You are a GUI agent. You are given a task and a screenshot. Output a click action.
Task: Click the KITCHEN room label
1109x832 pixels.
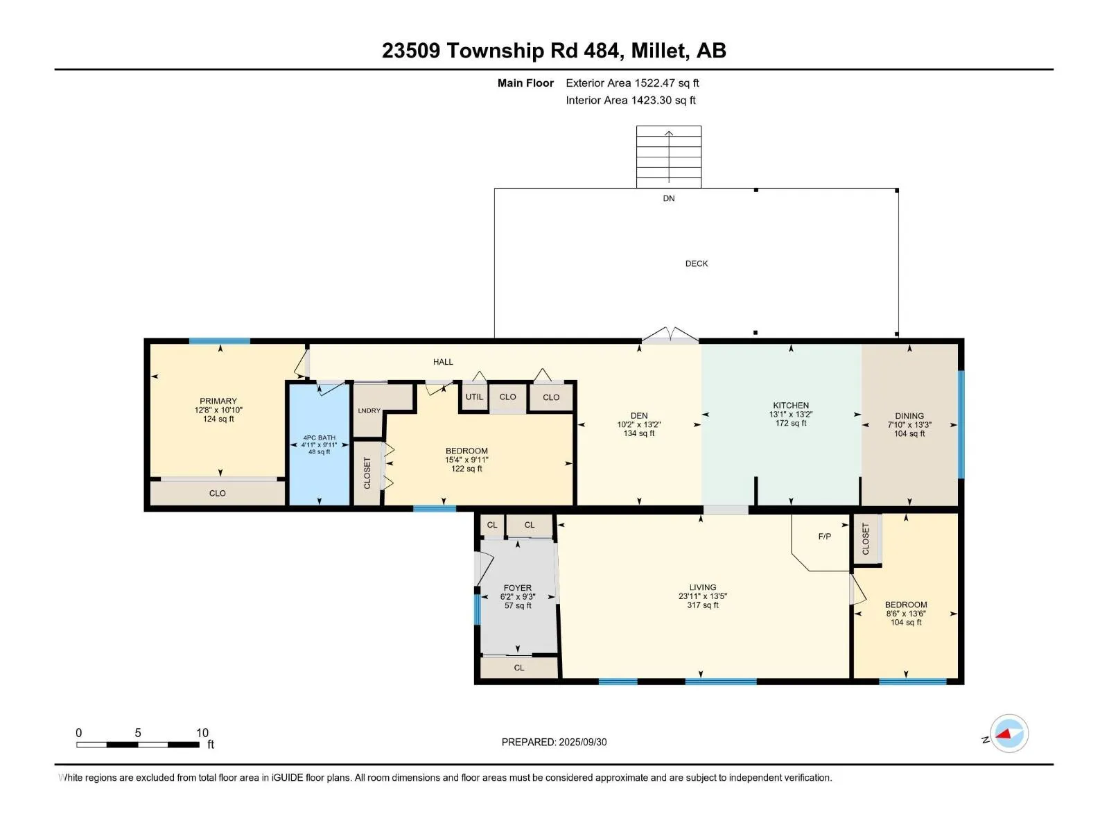[x=791, y=405]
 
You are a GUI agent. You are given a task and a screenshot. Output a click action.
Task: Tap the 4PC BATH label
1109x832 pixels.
[x=320, y=438]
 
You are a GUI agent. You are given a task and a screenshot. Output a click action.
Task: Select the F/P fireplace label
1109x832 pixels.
[x=825, y=537]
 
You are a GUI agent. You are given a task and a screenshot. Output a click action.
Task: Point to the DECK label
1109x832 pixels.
[x=696, y=263]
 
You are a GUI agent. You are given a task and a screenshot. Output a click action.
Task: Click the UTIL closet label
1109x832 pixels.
[x=474, y=397]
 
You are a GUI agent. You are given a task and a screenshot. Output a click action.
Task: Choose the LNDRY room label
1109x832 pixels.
[x=369, y=410]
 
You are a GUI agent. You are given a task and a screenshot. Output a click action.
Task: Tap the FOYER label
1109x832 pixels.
[x=517, y=588]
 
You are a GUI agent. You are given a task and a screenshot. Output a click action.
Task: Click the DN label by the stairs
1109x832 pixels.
[x=668, y=198]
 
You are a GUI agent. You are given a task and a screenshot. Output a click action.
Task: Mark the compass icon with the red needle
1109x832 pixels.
[x=1008, y=734]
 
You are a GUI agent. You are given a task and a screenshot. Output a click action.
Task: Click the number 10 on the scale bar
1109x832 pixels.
[x=202, y=732]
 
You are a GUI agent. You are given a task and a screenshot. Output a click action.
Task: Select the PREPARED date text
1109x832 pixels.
[x=554, y=742]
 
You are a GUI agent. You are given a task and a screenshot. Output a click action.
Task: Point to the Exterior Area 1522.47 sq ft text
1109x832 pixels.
[x=632, y=83]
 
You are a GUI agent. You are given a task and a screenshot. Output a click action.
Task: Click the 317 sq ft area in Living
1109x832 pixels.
[x=702, y=605]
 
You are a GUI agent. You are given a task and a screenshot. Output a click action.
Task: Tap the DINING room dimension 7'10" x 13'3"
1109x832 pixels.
[x=909, y=425]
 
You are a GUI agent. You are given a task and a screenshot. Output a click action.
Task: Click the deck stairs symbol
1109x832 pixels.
[x=668, y=157]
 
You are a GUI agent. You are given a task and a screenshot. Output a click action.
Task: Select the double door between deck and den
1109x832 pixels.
[x=670, y=336]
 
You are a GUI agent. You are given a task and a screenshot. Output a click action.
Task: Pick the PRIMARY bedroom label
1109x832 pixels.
[x=218, y=401]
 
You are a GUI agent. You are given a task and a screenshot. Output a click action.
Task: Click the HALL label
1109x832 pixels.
[x=443, y=362]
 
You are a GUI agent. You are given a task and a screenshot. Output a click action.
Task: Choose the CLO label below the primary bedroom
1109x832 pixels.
[x=217, y=493]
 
